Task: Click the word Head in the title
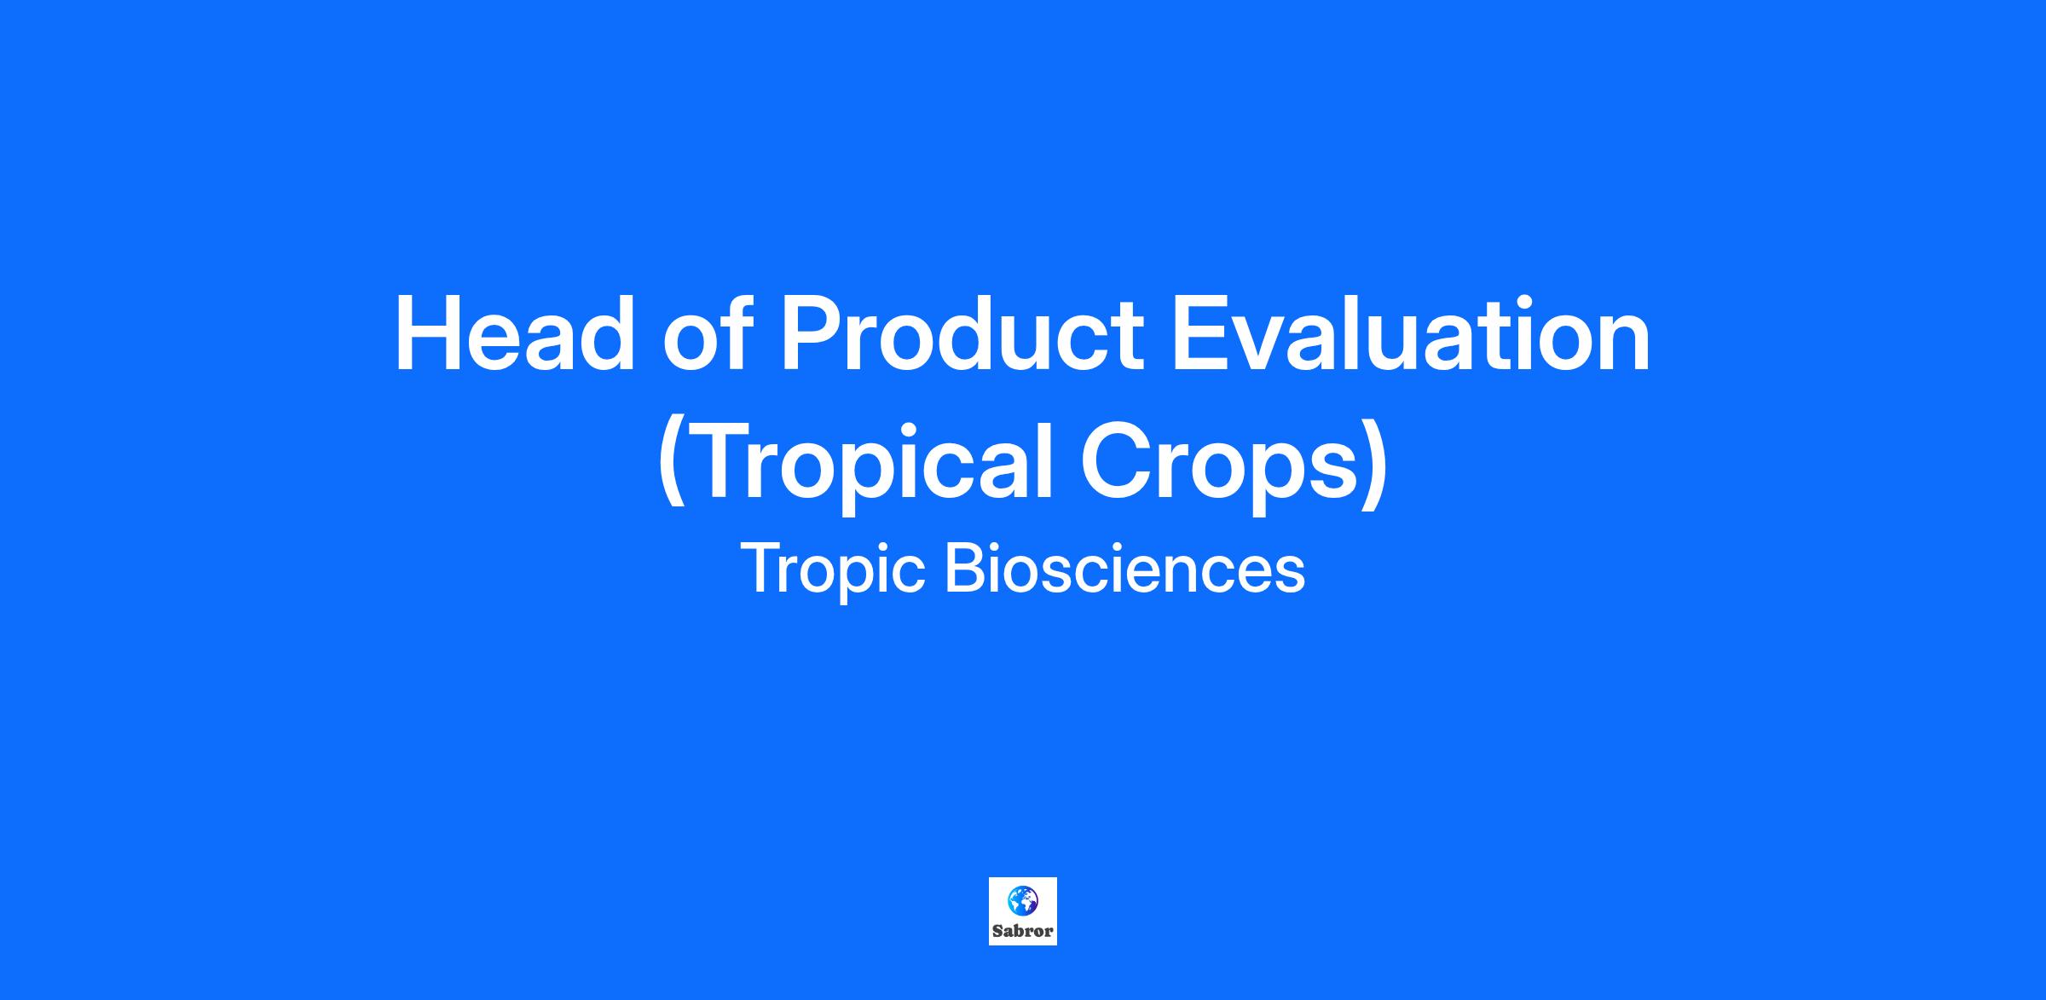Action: pyautogui.click(x=515, y=334)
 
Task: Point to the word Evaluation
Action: pyautogui.click(x=1412, y=334)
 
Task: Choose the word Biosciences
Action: pyautogui.click(x=1124, y=569)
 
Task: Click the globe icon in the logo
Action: pyautogui.click(x=1022, y=899)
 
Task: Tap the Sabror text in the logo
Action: pyautogui.click(x=1022, y=931)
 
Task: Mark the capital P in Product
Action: pyautogui.click(x=813, y=334)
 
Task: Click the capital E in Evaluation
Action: pyautogui.click(x=1201, y=334)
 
